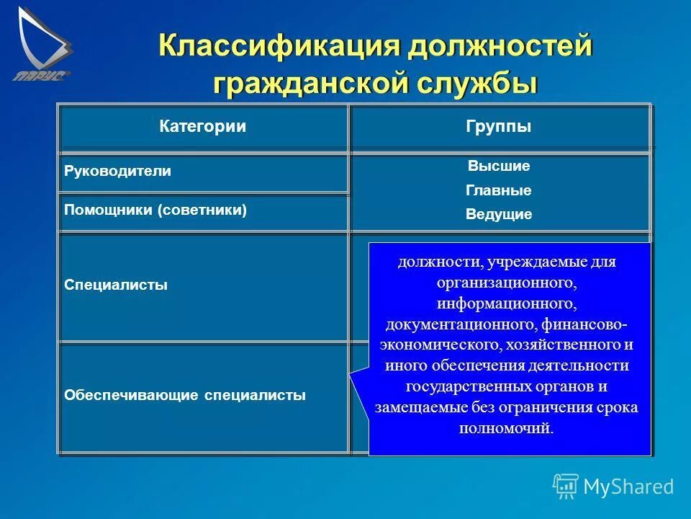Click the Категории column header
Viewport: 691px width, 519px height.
(x=202, y=127)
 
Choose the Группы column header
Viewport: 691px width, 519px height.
(x=499, y=127)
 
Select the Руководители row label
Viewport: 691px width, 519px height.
(x=118, y=172)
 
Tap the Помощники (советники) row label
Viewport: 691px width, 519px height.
(x=155, y=210)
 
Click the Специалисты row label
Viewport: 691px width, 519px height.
(x=116, y=285)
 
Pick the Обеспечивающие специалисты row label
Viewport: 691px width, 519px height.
(x=185, y=395)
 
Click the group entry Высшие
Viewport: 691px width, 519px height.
(x=499, y=167)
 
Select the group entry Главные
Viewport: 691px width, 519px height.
(x=499, y=191)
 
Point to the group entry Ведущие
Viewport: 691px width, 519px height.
(x=499, y=215)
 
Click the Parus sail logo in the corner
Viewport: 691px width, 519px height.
(x=42, y=42)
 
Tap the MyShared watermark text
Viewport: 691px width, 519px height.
(x=628, y=487)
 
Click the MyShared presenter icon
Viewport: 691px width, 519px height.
(x=566, y=487)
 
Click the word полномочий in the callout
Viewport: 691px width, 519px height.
(x=507, y=428)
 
